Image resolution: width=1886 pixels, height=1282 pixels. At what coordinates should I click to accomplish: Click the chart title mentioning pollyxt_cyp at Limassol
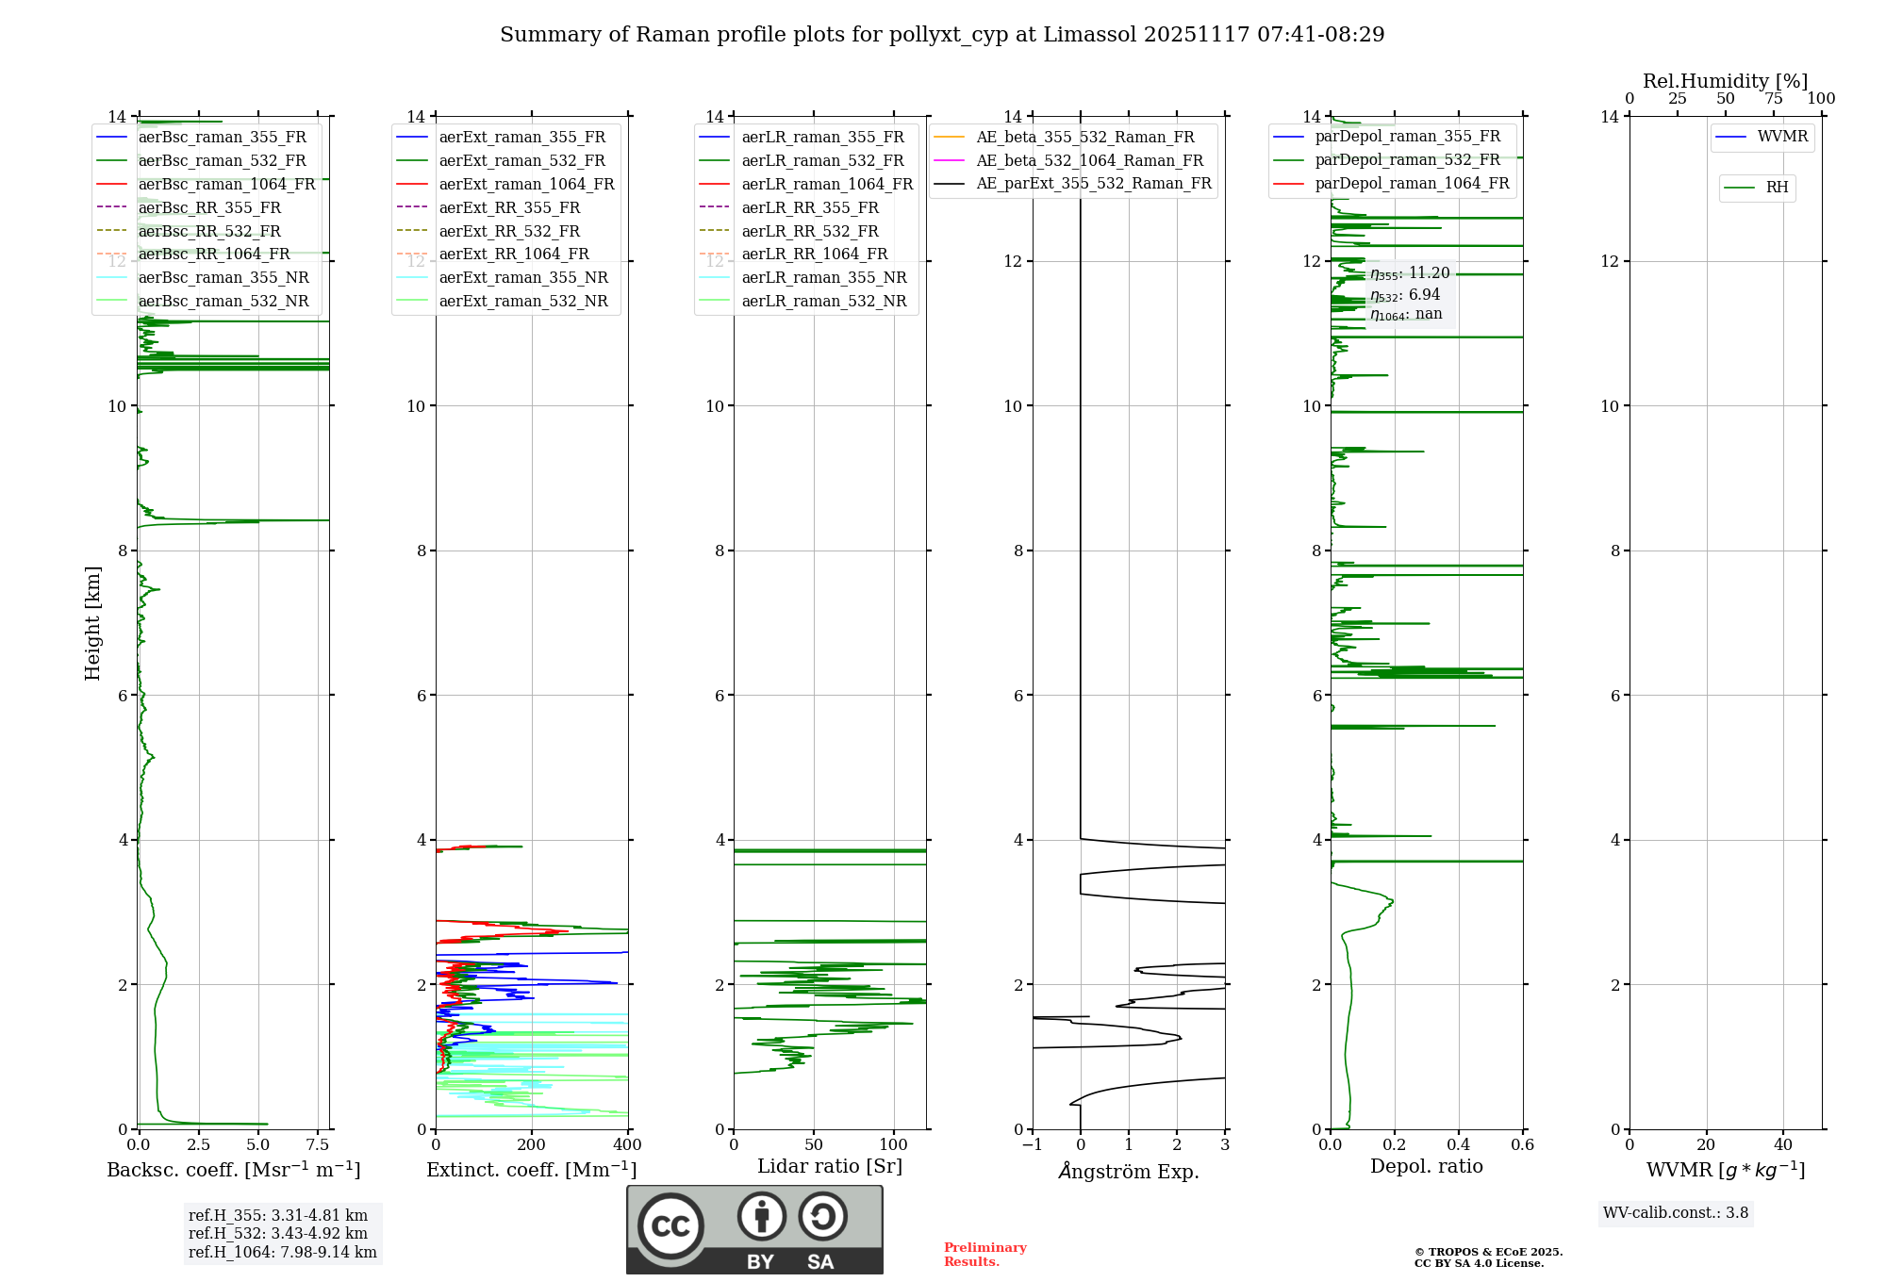(942, 35)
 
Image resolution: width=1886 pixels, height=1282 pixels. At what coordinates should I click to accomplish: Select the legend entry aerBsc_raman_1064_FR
(226, 184)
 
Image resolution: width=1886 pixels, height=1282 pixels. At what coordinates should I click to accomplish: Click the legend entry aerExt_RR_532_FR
(509, 231)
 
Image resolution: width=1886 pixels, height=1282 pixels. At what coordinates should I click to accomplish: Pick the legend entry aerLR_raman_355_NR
(823, 277)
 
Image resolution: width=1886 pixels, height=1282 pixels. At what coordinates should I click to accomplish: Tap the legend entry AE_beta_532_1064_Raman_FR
(1089, 160)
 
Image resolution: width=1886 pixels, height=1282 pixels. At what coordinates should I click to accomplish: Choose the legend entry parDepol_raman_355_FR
(1407, 137)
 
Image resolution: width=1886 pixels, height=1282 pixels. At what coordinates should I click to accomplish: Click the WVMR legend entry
(1782, 137)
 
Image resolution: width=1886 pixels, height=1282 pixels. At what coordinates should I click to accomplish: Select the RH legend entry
(1777, 188)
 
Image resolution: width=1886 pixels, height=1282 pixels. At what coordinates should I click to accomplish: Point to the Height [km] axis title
(92, 623)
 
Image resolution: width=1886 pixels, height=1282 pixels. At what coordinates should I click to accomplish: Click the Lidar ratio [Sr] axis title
(830, 1166)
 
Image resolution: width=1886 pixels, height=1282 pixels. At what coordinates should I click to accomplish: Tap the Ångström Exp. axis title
(1129, 1172)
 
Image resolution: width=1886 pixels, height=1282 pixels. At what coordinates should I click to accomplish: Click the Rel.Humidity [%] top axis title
(1725, 81)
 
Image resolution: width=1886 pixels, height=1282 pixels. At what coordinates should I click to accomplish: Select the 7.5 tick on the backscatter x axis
(318, 1145)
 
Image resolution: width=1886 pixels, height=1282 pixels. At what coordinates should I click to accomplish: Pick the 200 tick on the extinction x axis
(532, 1145)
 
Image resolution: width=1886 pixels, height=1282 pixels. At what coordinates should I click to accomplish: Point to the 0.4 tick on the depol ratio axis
(1458, 1145)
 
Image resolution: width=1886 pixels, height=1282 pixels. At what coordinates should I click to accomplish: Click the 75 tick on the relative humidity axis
(1774, 99)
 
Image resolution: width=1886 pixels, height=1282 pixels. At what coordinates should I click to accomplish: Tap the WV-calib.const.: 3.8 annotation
(1676, 1213)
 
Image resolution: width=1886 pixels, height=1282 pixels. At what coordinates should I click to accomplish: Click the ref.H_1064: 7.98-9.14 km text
(282, 1253)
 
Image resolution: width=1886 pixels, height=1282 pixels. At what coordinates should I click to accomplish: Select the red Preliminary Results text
(984, 1255)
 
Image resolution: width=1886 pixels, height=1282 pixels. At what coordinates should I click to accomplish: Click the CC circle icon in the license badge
(670, 1226)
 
